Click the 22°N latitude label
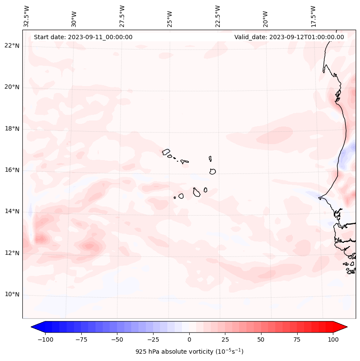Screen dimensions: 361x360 tap(12, 46)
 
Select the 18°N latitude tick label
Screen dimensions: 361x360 tap(12, 129)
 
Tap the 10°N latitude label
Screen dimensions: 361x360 tap(12, 294)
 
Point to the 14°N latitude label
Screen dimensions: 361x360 tap(12, 211)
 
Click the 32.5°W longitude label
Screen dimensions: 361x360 tap(27, 16)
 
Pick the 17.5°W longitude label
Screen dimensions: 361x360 tap(313, 16)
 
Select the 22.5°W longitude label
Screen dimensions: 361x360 tap(218, 16)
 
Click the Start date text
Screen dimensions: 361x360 tap(83, 37)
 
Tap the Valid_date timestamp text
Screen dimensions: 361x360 tap(289, 37)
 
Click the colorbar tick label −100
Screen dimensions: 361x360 tap(45, 339)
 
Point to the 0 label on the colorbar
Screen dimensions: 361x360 tap(189, 339)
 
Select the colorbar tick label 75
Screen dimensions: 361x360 tap(297, 339)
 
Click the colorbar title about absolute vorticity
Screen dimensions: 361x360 tap(189, 352)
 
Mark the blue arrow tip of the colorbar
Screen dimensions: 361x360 tap(36, 327)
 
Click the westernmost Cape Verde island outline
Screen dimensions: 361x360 tap(166, 151)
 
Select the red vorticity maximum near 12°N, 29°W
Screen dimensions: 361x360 tap(89, 246)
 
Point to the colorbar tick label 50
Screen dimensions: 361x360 tap(261, 339)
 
